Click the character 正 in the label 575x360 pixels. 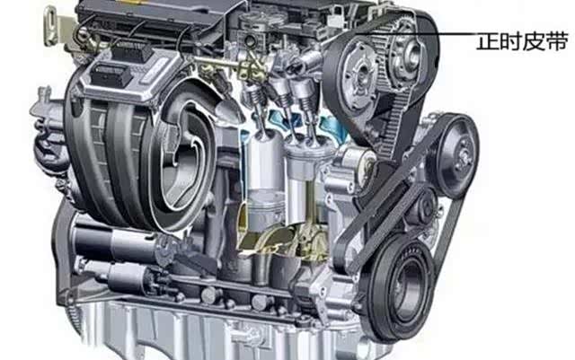[x=487, y=41]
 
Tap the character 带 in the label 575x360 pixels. [x=557, y=41]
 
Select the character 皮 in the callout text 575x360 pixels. [x=534, y=41]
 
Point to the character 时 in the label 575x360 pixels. [x=510, y=41]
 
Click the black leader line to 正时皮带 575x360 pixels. [x=417, y=34]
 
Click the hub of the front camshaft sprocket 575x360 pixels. [x=361, y=76]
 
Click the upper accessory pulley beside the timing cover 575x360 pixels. [x=457, y=155]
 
